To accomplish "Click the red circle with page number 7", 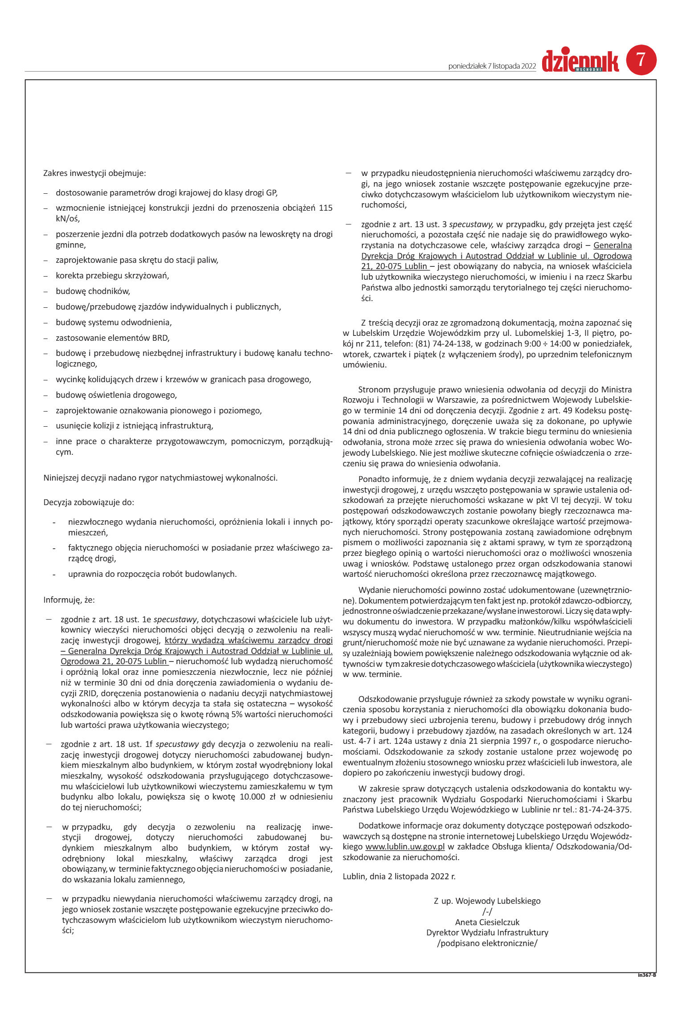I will tap(641, 60).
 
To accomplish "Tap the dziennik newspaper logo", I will tap(580, 61).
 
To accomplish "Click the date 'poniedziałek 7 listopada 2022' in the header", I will tap(491, 66).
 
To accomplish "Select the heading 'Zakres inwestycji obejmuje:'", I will tap(94, 173).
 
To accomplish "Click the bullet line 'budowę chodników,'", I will tap(93, 291).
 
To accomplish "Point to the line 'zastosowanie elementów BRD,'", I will tap(112, 338).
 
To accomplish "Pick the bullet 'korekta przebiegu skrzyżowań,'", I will tap(112, 276).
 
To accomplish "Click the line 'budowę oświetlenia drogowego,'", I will tap(116, 395).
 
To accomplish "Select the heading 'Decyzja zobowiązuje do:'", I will tap(89, 502).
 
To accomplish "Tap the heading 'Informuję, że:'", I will tap(69, 600).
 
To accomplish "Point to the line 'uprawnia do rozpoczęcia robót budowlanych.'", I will tap(152, 574).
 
